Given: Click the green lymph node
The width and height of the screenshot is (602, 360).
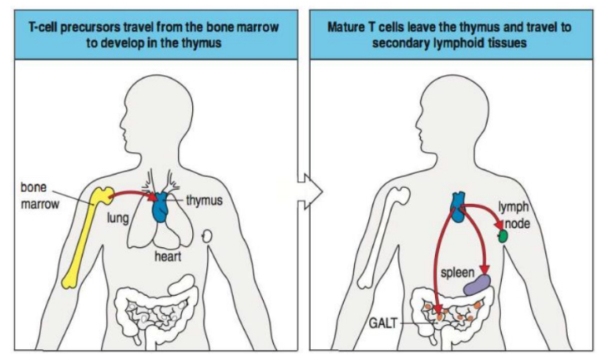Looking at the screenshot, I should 503,236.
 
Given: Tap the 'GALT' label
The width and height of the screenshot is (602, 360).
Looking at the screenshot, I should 382,321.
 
